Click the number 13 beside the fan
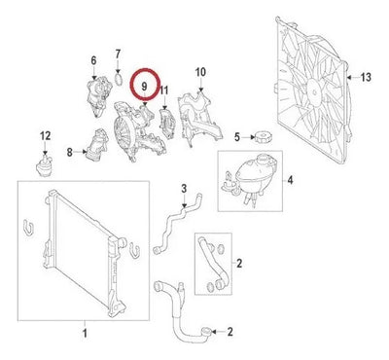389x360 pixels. point(366,78)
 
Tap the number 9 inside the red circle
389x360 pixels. point(145,87)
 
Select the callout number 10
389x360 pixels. point(200,72)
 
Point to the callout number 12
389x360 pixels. point(46,136)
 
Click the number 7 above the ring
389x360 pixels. point(118,54)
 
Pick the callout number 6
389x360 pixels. point(93,60)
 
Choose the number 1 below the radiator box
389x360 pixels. point(85,333)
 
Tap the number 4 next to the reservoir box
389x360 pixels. point(290,180)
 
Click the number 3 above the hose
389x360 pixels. point(184,189)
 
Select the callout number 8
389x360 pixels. point(70,152)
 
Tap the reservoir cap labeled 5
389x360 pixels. point(263,136)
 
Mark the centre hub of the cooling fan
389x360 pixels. point(314,92)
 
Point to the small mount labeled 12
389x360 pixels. point(44,165)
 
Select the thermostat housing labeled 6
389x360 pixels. point(98,96)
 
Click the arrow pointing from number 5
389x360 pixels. point(248,137)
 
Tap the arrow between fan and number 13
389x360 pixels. point(353,77)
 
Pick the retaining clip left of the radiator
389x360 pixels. point(28,228)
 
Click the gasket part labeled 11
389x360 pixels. point(167,124)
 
